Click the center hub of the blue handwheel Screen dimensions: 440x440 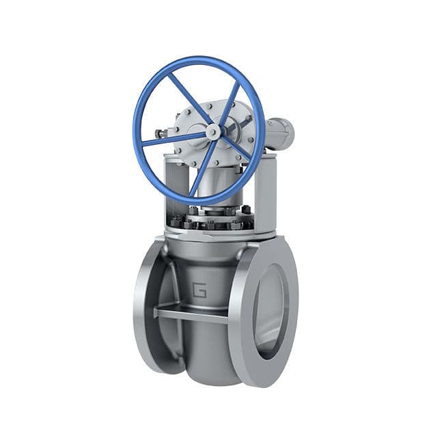tap(213, 133)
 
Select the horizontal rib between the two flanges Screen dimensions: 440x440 tap(191, 315)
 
